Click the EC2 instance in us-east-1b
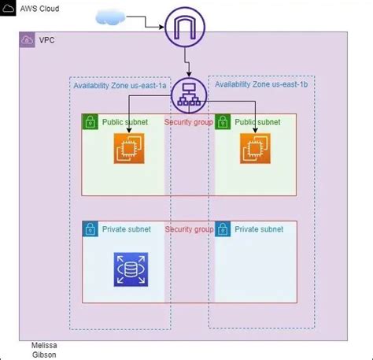[x=255, y=148]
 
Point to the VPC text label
[x=47, y=39]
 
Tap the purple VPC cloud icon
[x=27, y=39]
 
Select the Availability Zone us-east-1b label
[x=262, y=85]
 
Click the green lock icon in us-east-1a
[x=90, y=122]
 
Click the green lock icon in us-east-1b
[x=222, y=122]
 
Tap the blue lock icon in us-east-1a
[x=90, y=229]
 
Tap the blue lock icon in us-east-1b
[x=222, y=229]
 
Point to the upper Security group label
[x=189, y=122]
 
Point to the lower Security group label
[x=189, y=229]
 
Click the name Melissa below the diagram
[x=44, y=345]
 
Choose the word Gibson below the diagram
[x=43, y=354]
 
